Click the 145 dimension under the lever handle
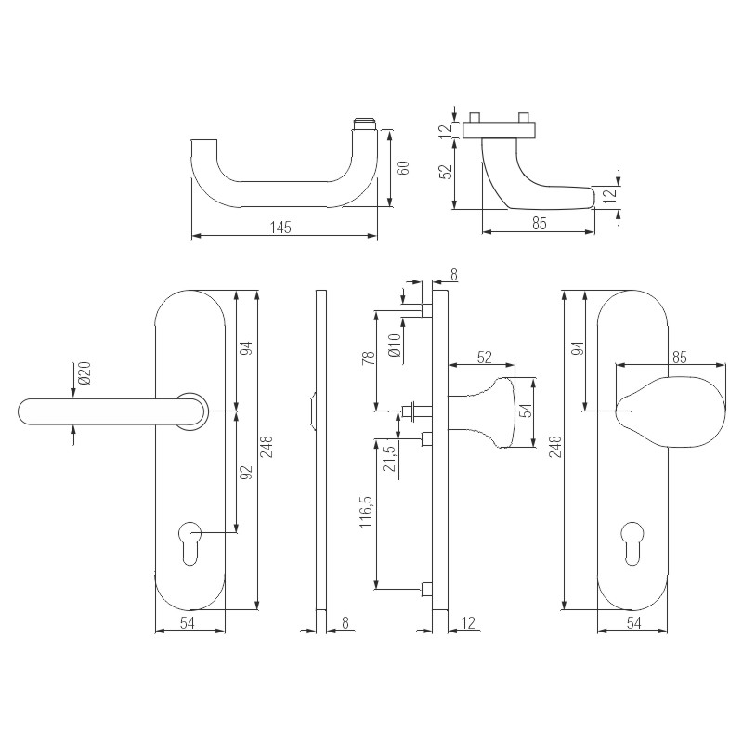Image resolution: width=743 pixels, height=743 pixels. [x=280, y=228]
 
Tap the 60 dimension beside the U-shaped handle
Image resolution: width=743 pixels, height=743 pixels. [x=403, y=168]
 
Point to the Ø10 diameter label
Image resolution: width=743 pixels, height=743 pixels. [x=394, y=345]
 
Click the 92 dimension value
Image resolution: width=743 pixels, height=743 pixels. [x=246, y=473]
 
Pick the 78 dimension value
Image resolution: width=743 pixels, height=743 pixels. [x=369, y=358]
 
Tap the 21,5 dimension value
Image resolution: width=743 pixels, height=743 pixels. [x=389, y=458]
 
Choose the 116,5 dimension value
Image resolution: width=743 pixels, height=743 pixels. [x=366, y=513]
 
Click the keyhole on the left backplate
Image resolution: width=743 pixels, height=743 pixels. [x=190, y=543]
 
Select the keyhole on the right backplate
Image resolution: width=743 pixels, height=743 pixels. [x=632, y=543]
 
